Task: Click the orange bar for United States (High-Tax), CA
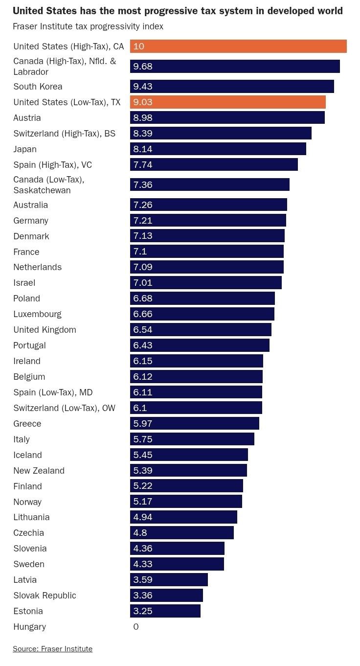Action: tap(238, 46)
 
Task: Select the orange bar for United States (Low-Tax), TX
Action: tap(228, 102)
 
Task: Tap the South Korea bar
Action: tap(232, 87)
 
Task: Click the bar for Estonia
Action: tap(165, 611)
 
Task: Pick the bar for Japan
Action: tap(218, 149)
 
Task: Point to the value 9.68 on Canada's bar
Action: tap(143, 66)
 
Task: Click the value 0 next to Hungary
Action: tap(136, 627)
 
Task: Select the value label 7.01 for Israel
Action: tap(143, 283)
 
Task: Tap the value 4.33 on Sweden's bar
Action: tap(143, 564)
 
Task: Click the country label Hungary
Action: tap(29, 627)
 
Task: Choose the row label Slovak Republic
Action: tap(45, 596)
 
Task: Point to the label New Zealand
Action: tap(39, 471)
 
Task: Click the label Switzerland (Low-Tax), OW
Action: tap(64, 408)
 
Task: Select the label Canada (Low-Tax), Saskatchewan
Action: tap(48, 185)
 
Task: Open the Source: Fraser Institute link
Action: tap(52, 649)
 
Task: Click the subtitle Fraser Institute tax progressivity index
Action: tap(88, 26)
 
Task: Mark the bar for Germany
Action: tap(208, 220)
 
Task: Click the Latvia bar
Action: tap(169, 580)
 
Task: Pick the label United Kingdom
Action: tap(45, 330)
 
